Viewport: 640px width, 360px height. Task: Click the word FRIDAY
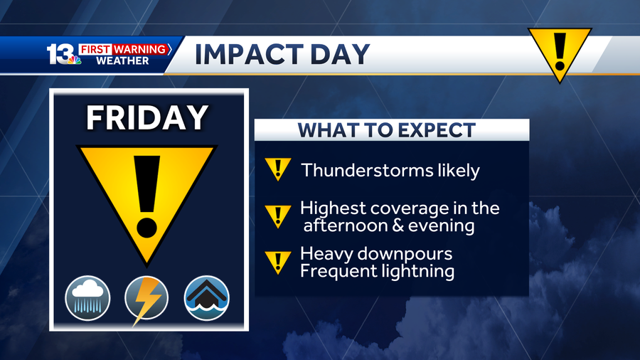[147, 117]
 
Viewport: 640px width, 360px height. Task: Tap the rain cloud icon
[87, 298]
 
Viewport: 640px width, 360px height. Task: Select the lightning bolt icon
[146, 300]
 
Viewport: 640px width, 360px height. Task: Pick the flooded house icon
[206, 298]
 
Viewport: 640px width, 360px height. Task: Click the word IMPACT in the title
[249, 54]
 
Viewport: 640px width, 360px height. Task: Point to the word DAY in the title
[340, 54]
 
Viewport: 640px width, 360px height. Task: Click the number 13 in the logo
[60, 53]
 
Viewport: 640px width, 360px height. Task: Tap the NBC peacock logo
[74, 60]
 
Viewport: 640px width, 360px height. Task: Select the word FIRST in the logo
[95, 49]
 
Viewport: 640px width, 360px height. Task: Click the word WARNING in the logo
[139, 49]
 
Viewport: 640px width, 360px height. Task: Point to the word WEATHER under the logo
[122, 61]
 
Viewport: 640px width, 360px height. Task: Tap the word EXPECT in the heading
[437, 130]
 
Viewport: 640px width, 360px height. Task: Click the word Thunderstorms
[367, 170]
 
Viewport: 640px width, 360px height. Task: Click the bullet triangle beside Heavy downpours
[278, 263]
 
